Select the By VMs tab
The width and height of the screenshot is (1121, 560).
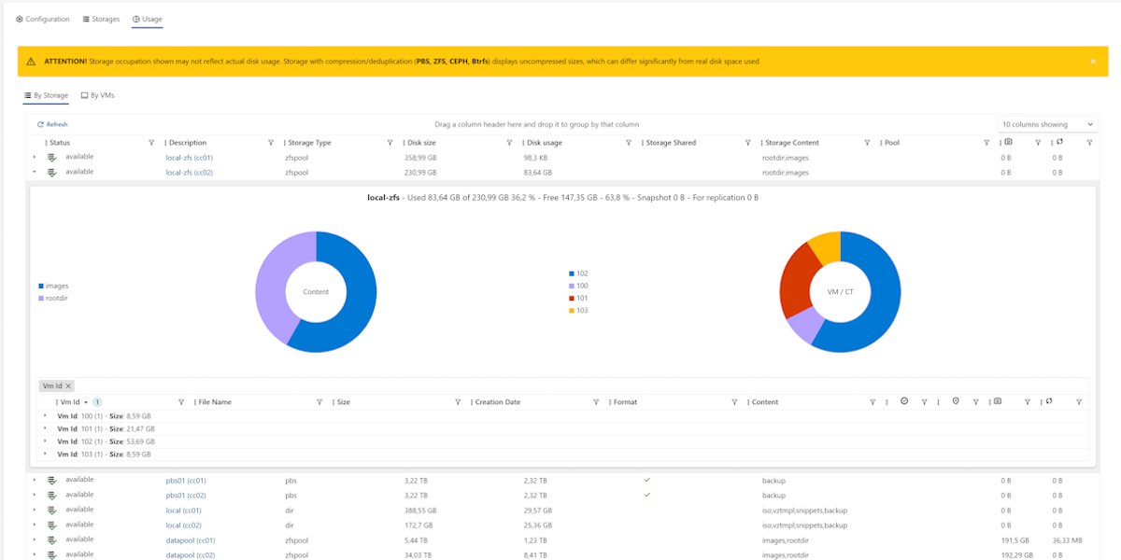click(x=97, y=95)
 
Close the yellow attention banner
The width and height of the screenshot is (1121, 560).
click(x=1093, y=62)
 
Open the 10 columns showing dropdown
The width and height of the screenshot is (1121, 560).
click(x=1047, y=124)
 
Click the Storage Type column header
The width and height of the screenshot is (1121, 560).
click(x=309, y=143)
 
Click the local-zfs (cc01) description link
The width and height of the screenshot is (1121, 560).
click(x=190, y=158)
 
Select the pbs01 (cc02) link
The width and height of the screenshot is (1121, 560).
click(x=186, y=495)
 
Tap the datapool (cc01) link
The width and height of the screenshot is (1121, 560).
click(x=191, y=539)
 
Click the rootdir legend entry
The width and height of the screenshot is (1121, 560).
click(x=56, y=298)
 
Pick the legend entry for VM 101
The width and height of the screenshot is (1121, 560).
click(x=582, y=298)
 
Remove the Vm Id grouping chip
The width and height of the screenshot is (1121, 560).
click(x=68, y=385)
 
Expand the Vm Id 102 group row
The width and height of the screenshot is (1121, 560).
click(x=45, y=441)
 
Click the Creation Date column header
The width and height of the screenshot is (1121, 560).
click(x=498, y=402)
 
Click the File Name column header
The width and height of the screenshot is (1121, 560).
click(x=215, y=402)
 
